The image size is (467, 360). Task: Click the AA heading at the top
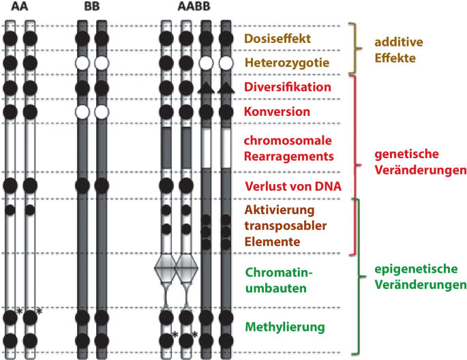19,8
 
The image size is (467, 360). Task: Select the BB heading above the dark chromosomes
91,8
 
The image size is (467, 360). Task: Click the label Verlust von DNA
292,186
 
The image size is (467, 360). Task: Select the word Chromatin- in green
277,273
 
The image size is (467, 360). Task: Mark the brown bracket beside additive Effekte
353,48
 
